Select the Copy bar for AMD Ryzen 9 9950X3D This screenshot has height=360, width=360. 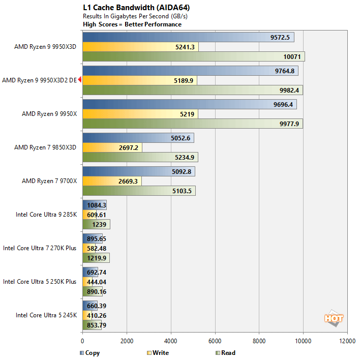tap(188, 38)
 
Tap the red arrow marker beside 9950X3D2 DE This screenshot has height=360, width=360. tap(80, 80)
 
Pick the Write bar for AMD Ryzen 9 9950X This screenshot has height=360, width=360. tap(140, 114)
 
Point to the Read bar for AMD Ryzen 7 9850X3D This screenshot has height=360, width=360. tap(140, 157)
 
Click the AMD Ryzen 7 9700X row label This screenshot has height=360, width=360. tap(49, 181)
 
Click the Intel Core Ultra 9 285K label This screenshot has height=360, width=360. tap(46, 215)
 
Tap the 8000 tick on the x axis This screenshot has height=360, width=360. tap(259, 341)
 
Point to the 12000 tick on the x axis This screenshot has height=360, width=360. tap(348, 341)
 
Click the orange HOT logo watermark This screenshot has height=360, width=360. tap(334, 318)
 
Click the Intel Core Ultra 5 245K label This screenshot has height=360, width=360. tap(46, 315)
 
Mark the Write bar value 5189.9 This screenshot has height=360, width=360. tap(184, 80)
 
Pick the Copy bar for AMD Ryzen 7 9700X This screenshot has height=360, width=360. tap(138, 172)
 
